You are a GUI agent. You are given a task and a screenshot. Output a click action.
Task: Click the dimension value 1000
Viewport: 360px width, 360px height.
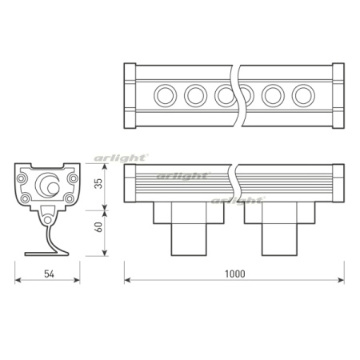[x=235, y=274]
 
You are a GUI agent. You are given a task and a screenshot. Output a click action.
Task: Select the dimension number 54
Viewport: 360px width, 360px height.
[x=47, y=274]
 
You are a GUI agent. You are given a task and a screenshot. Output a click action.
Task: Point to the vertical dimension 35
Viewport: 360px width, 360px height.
[x=98, y=182]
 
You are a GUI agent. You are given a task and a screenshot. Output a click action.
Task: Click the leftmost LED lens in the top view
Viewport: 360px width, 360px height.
[x=166, y=95]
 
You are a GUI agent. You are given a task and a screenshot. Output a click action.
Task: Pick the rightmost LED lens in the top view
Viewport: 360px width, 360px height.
[x=303, y=95]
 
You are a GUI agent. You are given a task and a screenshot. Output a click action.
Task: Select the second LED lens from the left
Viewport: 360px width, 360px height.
[x=194, y=95]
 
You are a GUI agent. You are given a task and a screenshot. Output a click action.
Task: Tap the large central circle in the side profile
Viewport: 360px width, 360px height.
[x=50, y=186]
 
